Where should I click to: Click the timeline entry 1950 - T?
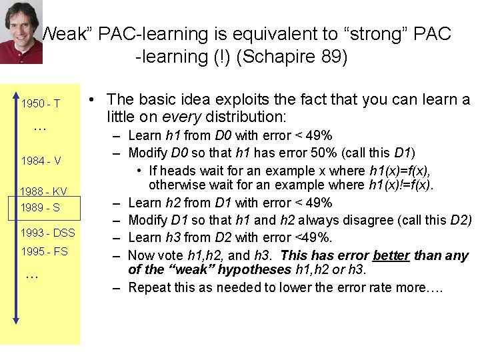tap(40, 104)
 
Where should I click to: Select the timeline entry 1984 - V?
tap(41, 161)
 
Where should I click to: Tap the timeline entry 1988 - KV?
tap(43, 191)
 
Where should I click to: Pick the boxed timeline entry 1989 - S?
tap(40, 207)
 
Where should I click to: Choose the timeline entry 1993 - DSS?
tap(47, 233)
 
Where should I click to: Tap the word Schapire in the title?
tap(277, 56)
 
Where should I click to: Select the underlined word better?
tap(391, 255)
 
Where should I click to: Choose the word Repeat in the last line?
tap(149, 287)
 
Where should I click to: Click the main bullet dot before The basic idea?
tap(95, 100)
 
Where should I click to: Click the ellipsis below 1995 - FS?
tap(31, 275)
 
